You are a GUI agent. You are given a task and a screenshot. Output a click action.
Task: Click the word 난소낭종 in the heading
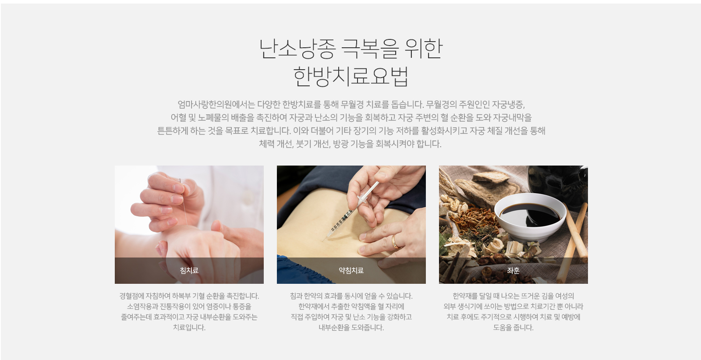point(297,49)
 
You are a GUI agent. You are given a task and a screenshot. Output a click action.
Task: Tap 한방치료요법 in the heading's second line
point(351,76)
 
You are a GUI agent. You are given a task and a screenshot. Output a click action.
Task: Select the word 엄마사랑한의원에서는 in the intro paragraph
point(216,104)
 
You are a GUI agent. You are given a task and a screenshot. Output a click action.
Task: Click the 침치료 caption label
point(189,271)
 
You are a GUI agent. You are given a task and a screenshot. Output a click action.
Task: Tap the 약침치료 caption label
point(351,271)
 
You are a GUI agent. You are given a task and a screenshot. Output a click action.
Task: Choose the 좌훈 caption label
point(513,271)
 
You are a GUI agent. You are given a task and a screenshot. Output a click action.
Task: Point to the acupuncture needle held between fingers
point(184,201)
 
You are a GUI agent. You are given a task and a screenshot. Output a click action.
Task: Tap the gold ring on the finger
point(395,242)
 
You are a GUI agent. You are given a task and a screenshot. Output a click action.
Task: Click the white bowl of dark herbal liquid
point(531,216)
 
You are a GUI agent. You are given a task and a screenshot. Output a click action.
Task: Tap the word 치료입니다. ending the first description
point(189,328)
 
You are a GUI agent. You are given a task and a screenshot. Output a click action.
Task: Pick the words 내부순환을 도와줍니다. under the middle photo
point(351,328)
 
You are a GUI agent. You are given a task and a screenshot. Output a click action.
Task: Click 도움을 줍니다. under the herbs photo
point(513,328)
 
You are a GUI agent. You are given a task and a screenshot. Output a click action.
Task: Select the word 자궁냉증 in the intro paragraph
point(507,104)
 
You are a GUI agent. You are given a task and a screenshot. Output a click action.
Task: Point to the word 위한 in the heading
point(424,49)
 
